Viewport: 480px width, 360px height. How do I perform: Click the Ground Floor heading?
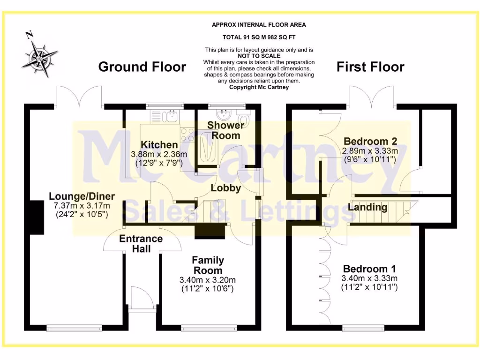[x=142, y=67]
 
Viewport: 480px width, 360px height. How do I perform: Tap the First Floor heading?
[x=370, y=67]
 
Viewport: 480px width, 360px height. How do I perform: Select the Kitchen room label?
[x=159, y=145]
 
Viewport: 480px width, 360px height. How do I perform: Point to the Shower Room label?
[x=225, y=130]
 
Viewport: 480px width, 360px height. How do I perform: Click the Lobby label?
[x=225, y=188]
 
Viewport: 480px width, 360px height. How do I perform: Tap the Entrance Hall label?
[x=141, y=243]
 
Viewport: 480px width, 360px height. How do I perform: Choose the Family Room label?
[x=208, y=265]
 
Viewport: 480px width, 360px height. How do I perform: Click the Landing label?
[x=368, y=207]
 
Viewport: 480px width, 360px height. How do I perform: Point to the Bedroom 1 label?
[x=369, y=269]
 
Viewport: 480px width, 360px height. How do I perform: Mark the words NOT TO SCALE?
[x=259, y=56]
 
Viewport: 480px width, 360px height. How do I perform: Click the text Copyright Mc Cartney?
[x=259, y=87]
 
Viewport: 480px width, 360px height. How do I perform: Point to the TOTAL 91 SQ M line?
[x=259, y=37]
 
